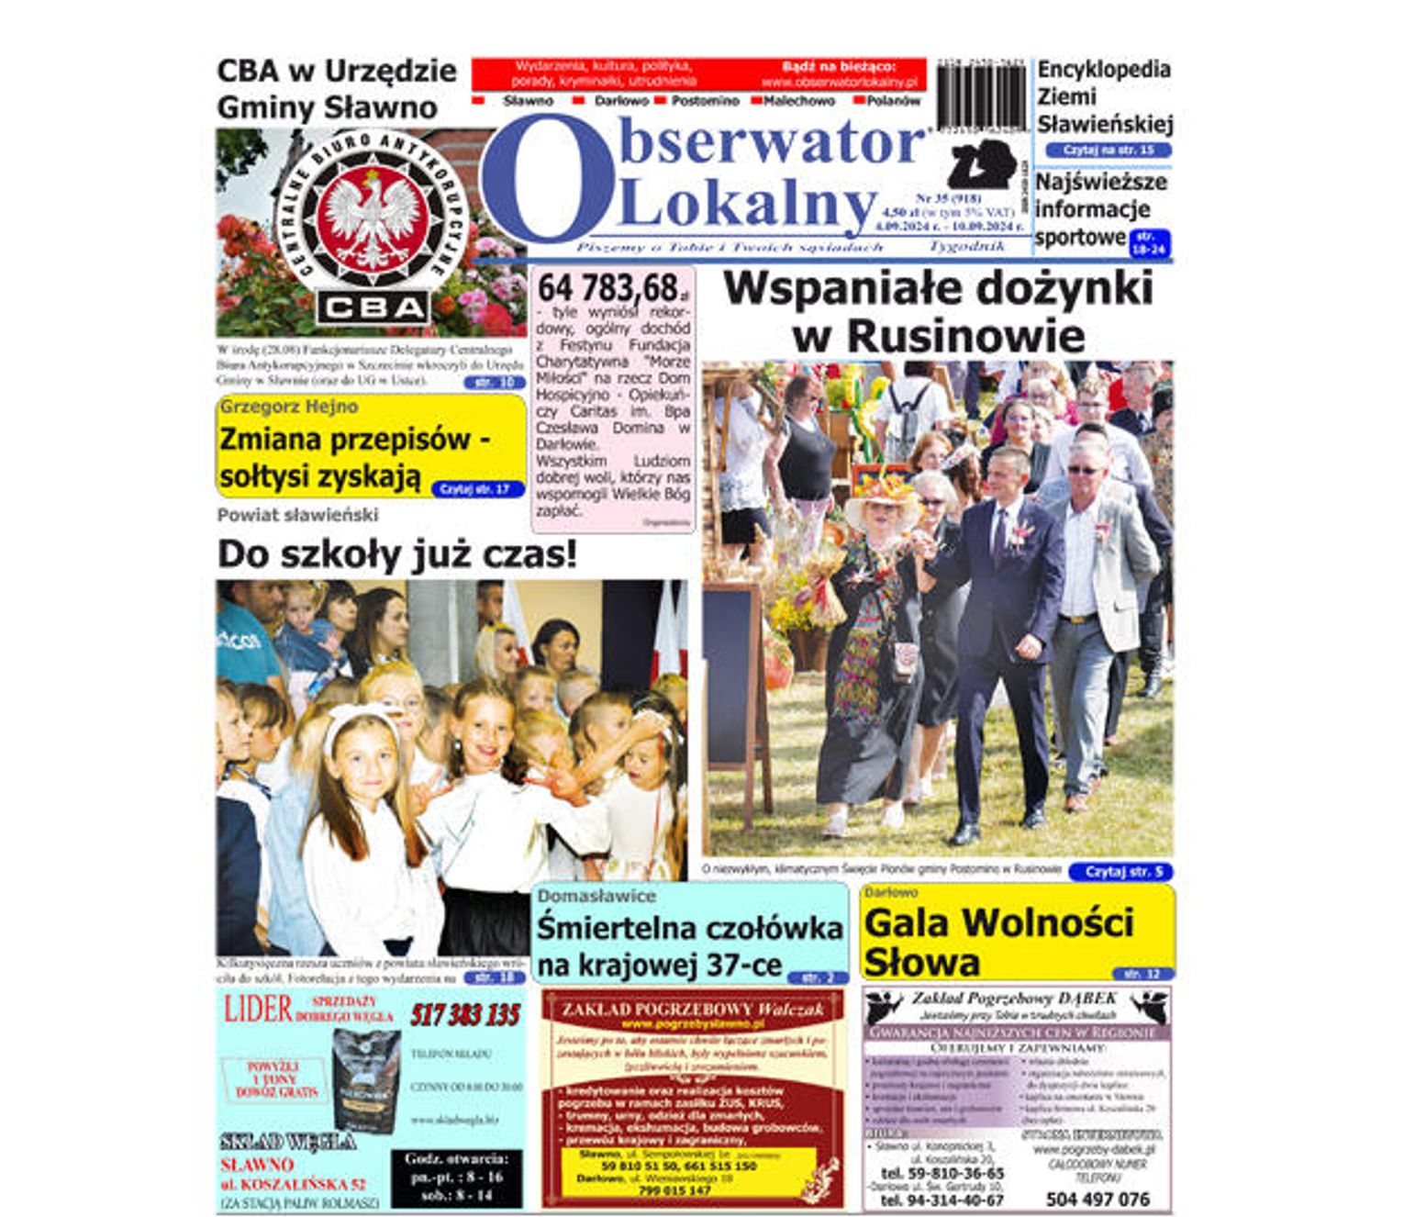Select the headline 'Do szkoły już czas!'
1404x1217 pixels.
(397, 554)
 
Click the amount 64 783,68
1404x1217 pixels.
(608, 288)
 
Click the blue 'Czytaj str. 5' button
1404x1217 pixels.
(1121, 871)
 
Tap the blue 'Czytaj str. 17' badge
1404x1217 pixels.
(474, 489)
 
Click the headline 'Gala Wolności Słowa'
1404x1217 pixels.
(998, 942)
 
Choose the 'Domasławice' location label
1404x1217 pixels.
(596, 896)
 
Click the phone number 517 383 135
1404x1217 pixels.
(464, 1015)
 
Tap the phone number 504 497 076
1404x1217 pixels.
(1097, 1199)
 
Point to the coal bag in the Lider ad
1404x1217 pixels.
(366, 1079)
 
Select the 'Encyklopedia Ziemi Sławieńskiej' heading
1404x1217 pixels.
(1104, 96)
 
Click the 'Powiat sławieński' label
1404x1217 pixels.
(297, 515)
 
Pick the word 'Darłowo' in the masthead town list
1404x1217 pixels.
(620, 101)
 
